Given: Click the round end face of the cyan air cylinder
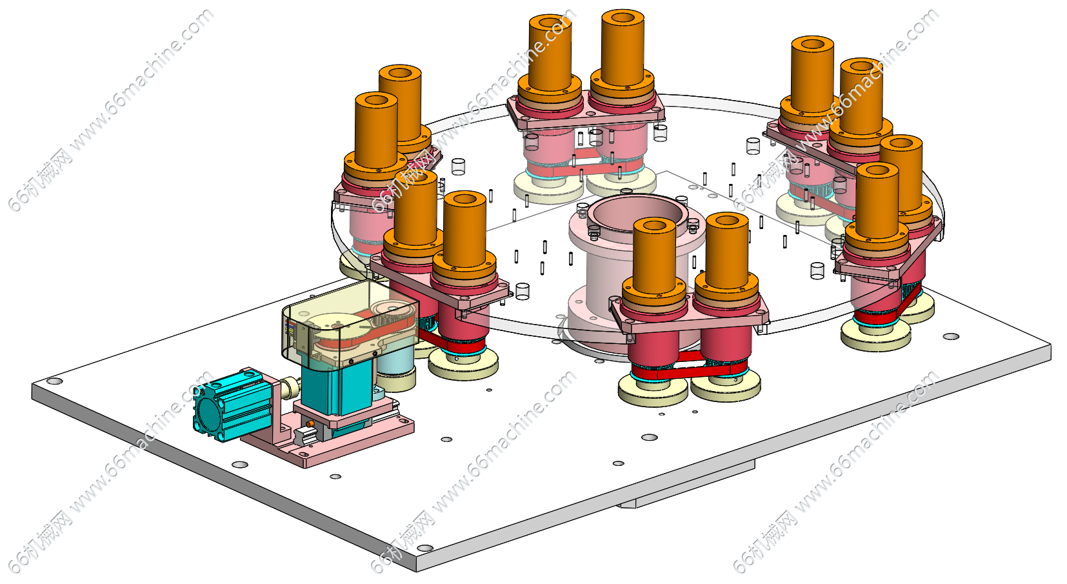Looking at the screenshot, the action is coord(209,414).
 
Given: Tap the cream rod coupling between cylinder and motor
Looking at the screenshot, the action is coord(290,388).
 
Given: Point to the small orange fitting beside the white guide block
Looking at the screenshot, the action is coord(310,423).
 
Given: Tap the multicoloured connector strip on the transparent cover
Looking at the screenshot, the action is coord(289,328).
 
